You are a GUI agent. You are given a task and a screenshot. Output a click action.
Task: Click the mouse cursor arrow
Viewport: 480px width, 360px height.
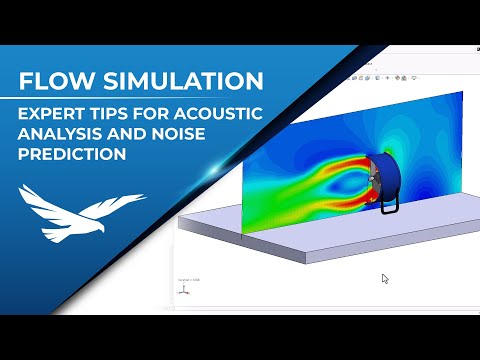click(x=385, y=278)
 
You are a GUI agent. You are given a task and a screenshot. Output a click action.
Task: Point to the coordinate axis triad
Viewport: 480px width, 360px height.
click(x=184, y=289)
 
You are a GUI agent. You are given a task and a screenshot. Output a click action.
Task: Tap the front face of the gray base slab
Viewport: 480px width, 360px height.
click(x=300, y=250)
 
